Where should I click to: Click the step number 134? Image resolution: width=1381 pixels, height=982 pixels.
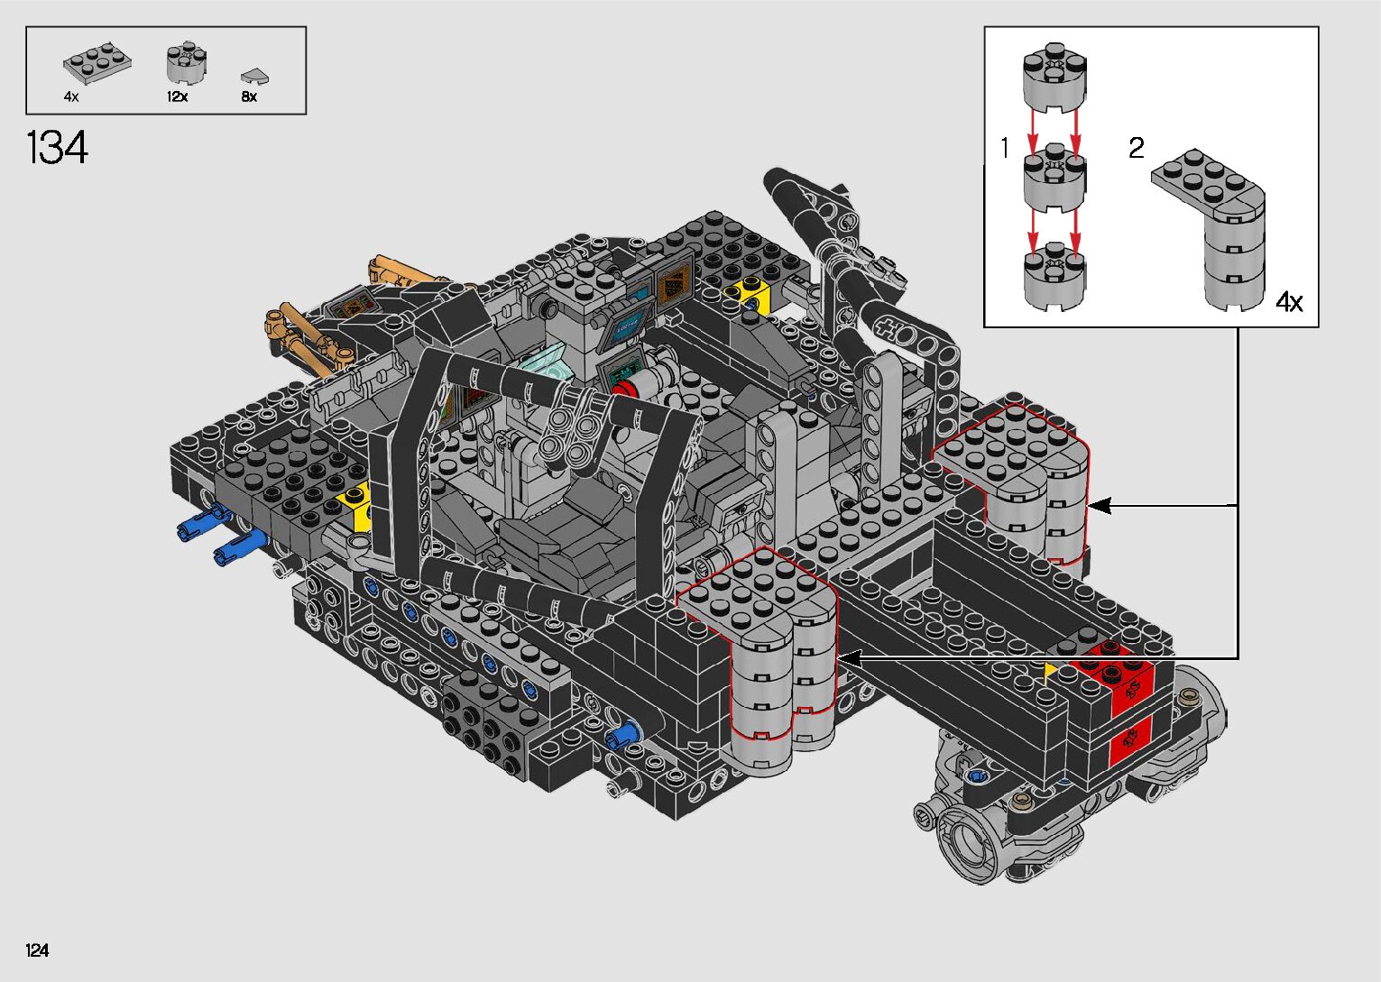click(58, 148)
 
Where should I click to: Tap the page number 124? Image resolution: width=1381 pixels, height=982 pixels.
click(37, 950)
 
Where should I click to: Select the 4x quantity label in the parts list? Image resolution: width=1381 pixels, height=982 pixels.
click(71, 96)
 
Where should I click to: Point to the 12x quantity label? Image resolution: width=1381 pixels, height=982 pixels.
click(177, 96)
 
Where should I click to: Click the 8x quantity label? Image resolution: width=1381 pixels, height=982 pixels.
click(249, 96)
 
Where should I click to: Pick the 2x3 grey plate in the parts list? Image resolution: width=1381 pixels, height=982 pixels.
click(97, 62)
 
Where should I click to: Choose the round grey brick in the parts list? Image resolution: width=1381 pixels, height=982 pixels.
click(186, 63)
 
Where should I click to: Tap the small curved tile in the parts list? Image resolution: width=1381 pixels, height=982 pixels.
click(254, 77)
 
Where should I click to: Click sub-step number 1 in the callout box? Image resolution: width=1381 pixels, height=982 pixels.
click(1005, 148)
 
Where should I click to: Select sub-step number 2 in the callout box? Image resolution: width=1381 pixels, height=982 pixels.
click(1137, 148)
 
